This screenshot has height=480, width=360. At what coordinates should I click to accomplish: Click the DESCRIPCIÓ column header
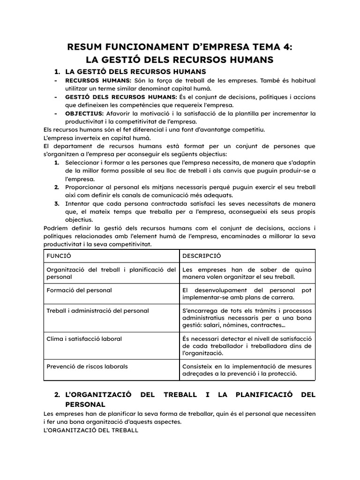point(202,256)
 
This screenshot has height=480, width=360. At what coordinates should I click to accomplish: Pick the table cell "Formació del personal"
point(79,290)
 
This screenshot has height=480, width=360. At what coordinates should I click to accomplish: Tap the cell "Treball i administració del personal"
point(97,310)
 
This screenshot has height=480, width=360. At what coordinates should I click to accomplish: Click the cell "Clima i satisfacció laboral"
point(84,338)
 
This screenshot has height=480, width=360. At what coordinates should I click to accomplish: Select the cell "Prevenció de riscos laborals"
point(87,366)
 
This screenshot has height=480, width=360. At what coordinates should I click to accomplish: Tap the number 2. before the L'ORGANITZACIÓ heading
point(58,395)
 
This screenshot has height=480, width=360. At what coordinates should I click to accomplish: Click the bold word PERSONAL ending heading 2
point(85,404)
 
